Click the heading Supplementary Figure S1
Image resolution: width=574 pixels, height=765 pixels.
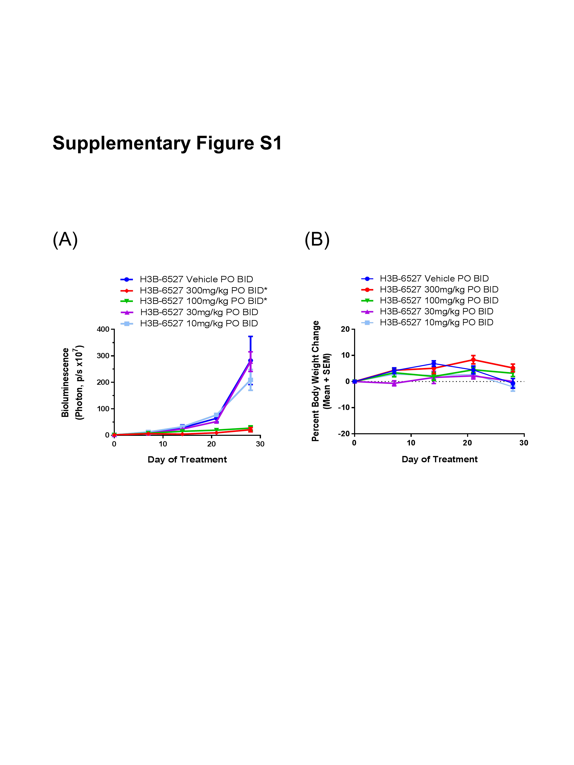(167, 143)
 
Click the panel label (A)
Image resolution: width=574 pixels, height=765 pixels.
(65, 239)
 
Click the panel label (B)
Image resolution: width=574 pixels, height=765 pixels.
(317, 239)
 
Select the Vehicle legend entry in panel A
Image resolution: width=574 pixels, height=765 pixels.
(196, 279)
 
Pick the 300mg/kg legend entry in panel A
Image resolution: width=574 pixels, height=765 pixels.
(203, 290)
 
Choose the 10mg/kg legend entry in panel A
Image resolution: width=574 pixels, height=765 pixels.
(198, 323)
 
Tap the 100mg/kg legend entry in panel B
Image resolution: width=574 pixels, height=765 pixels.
(439, 300)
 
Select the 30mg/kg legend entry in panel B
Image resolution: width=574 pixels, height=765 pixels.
(436, 311)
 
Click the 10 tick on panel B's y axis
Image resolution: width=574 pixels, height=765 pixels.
(345, 355)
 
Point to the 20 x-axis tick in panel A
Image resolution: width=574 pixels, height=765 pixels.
(211, 444)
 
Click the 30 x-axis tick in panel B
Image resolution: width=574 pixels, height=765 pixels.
(524, 443)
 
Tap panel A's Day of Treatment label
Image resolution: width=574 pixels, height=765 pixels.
(187, 460)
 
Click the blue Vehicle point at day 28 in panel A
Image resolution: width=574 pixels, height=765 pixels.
(251, 360)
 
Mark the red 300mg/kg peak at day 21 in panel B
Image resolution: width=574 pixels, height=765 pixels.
(473, 359)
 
